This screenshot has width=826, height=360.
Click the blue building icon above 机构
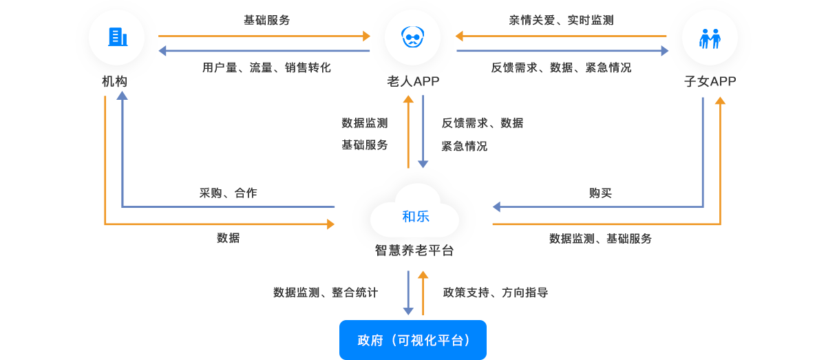click(x=117, y=36)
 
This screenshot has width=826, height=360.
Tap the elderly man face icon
click(x=412, y=36)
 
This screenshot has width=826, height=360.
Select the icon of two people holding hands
click(x=710, y=38)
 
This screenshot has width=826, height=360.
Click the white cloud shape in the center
click(x=414, y=212)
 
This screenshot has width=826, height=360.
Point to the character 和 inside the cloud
click(x=408, y=216)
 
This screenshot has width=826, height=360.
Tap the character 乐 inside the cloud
click(x=423, y=216)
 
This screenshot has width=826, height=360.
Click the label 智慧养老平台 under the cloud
click(x=414, y=250)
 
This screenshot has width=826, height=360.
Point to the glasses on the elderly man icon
click(x=412, y=36)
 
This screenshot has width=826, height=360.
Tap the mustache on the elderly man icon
click(x=412, y=43)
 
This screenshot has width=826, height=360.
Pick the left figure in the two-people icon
click(x=704, y=39)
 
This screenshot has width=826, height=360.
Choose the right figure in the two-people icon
click(x=715, y=39)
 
